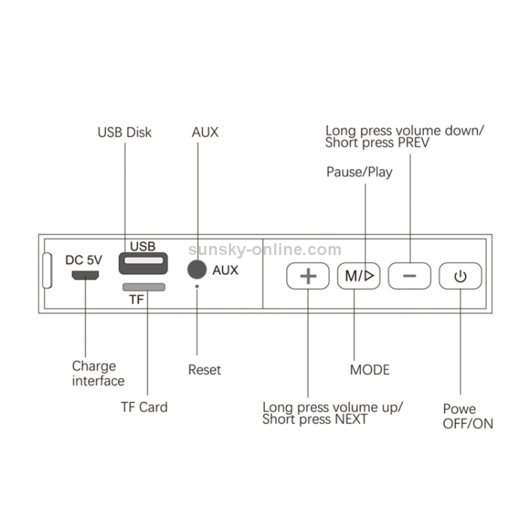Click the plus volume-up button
(307, 276)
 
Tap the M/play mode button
(359, 276)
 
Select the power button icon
(460, 276)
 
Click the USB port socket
(143, 265)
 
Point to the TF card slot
(143, 287)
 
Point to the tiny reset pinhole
(197, 287)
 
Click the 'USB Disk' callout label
(124, 132)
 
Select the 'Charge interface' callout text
(98, 374)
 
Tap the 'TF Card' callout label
(143, 407)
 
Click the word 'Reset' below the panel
(204, 370)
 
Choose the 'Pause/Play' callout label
(359, 172)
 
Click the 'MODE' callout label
(370, 370)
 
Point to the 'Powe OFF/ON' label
(467, 416)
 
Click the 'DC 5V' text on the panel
(83, 259)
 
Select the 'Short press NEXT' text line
(314, 419)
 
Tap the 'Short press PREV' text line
(377, 143)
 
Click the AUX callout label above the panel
(205, 132)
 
